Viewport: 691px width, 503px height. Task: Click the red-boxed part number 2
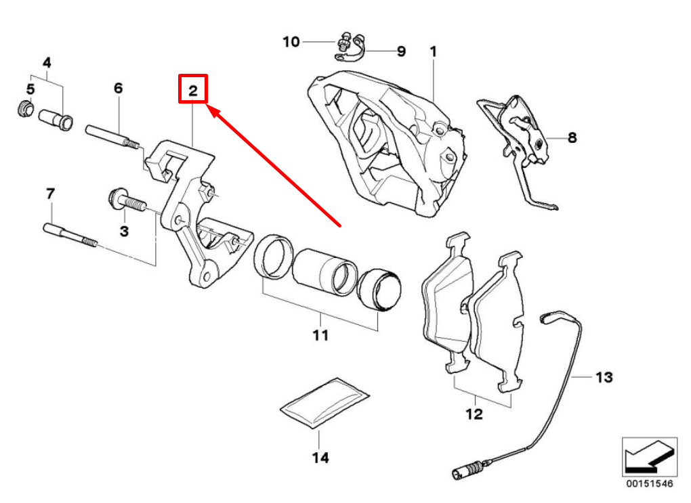192,89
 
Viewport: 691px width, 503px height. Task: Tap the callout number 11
320,334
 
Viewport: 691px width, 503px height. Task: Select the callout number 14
320,458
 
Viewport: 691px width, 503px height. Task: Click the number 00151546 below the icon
649,485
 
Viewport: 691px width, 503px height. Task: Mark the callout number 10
291,42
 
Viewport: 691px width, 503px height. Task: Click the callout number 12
474,413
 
